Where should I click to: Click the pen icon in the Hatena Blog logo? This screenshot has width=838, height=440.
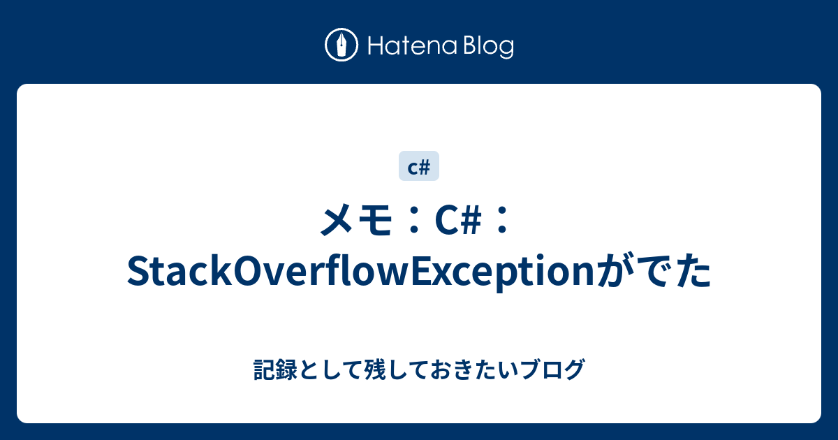[341, 45]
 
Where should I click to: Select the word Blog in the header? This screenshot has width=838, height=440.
[488, 47]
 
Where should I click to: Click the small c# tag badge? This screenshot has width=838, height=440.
[419, 166]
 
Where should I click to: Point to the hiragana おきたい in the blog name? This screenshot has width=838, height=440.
[478, 369]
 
